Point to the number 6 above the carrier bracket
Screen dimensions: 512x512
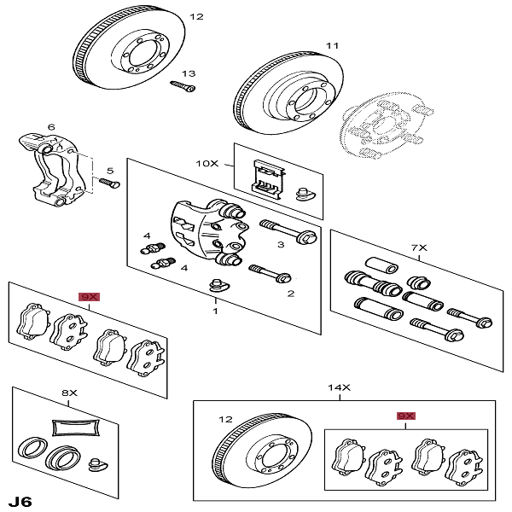point(51,127)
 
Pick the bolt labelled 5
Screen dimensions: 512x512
point(107,182)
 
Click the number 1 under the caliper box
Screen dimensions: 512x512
point(215,312)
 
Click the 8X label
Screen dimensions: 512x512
point(69,393)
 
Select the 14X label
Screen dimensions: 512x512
point(340,387)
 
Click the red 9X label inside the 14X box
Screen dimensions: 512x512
point(405,416)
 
